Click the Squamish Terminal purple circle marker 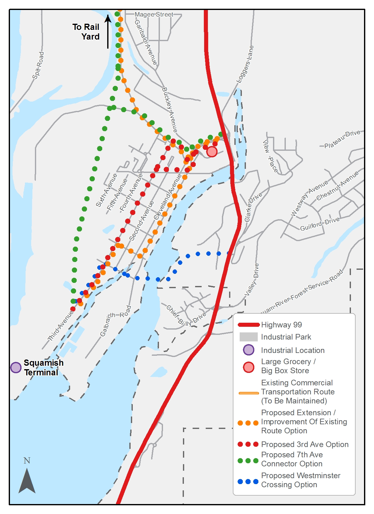pyautogui.click(x=16, y=367)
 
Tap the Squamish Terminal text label pyautogui.click(x=43, y=368)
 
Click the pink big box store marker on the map pyautogui.click(x=212, y=152)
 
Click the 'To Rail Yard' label pyautogui.click(x=86, y=32)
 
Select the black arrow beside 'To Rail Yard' pyautogui.click(x=108, y=31)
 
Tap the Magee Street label pyautogui.click(x=154, y=14)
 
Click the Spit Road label pyautogui.click(x=38, y=65)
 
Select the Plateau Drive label pyautogui.click(x=342, y=139)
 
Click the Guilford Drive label pyautogui.click(x=319, y=224)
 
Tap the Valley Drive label pyautogui.click(x=252, y=279)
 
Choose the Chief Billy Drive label pyautogui.click(x=186, y=316)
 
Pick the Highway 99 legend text pyautogui.click(x=281, y=325)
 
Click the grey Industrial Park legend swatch pyautogui.click(x=248, y=337)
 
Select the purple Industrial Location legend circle pyautogui.click(x=248, y=350)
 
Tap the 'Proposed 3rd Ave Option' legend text pyautogui.click(x=304, y=445)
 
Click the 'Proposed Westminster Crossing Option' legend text pyautogui.click(x=300, y=480)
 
